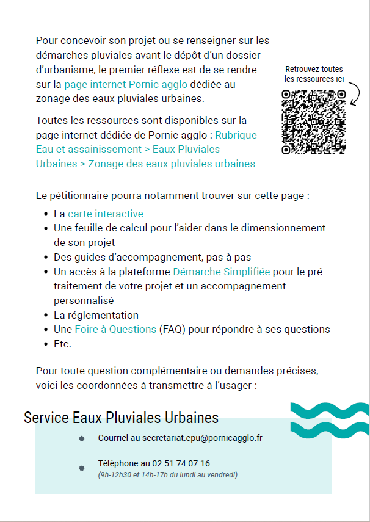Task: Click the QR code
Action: tap(313, 121)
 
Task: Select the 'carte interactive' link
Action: tap(106, 214)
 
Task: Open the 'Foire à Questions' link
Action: tap(115, 329)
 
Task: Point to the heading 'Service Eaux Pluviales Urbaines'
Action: tap(121, 418)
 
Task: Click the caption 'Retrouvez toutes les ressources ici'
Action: tap(314, 74)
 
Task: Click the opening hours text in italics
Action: tap(167, 474)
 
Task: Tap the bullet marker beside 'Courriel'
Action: tap(81, 438)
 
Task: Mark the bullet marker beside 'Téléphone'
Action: tap(81, 468)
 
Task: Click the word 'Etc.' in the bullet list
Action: tap(62, 344)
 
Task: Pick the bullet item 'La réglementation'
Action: tap(96, 315)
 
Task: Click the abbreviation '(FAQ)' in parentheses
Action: tap(172, 329)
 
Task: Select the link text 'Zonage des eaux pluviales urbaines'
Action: tap(172, 164)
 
